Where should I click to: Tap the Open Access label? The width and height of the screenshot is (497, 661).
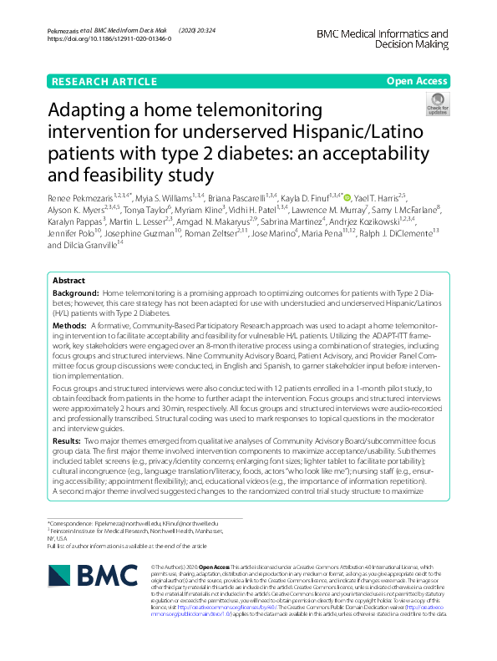[415, 82]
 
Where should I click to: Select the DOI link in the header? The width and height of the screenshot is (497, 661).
[109, 38]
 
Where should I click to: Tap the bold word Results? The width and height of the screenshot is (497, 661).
[67, 439]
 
